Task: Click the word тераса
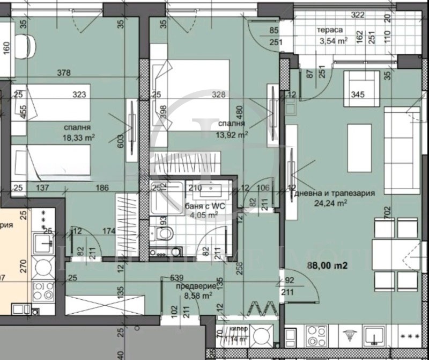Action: [331, 31]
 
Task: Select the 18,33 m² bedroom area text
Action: [79, 138]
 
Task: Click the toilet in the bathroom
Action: [164, 233]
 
